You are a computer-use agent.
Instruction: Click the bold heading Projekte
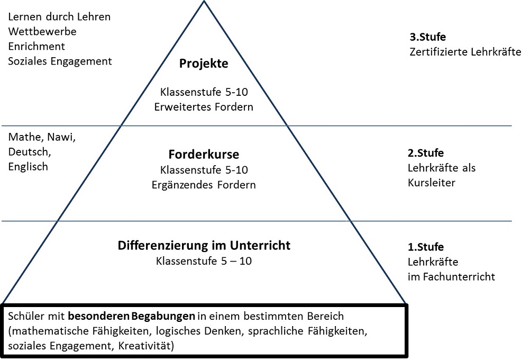coord(204,64)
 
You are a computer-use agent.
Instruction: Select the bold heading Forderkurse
coord(204,154)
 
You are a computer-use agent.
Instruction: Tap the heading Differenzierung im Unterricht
coord(204,245)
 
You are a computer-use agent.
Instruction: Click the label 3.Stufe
coord(427,37)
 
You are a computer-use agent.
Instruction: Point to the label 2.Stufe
coord(426,153)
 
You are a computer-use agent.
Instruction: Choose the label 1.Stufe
coord(426,247)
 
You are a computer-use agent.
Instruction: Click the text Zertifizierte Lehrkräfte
coord(465,52)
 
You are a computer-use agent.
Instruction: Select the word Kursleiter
coord(431,183)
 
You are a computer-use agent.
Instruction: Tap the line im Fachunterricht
coord(451,277)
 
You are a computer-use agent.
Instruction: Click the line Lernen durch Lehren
coord(59,16)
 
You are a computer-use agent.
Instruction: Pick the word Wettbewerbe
coord(42,31)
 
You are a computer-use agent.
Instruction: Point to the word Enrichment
coord(36,47)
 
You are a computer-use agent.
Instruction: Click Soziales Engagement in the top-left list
coord(60,61)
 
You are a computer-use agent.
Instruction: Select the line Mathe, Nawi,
coord(42,137)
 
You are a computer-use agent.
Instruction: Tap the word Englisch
coord(28,167)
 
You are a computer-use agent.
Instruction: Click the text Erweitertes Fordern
coord(204,107)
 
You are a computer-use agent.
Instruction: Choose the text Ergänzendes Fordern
coord(204,185)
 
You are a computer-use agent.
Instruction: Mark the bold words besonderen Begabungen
coord(132,317)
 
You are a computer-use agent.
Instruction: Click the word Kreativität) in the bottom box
coord(146,346)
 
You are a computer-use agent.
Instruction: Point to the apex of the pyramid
coord(204,1)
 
